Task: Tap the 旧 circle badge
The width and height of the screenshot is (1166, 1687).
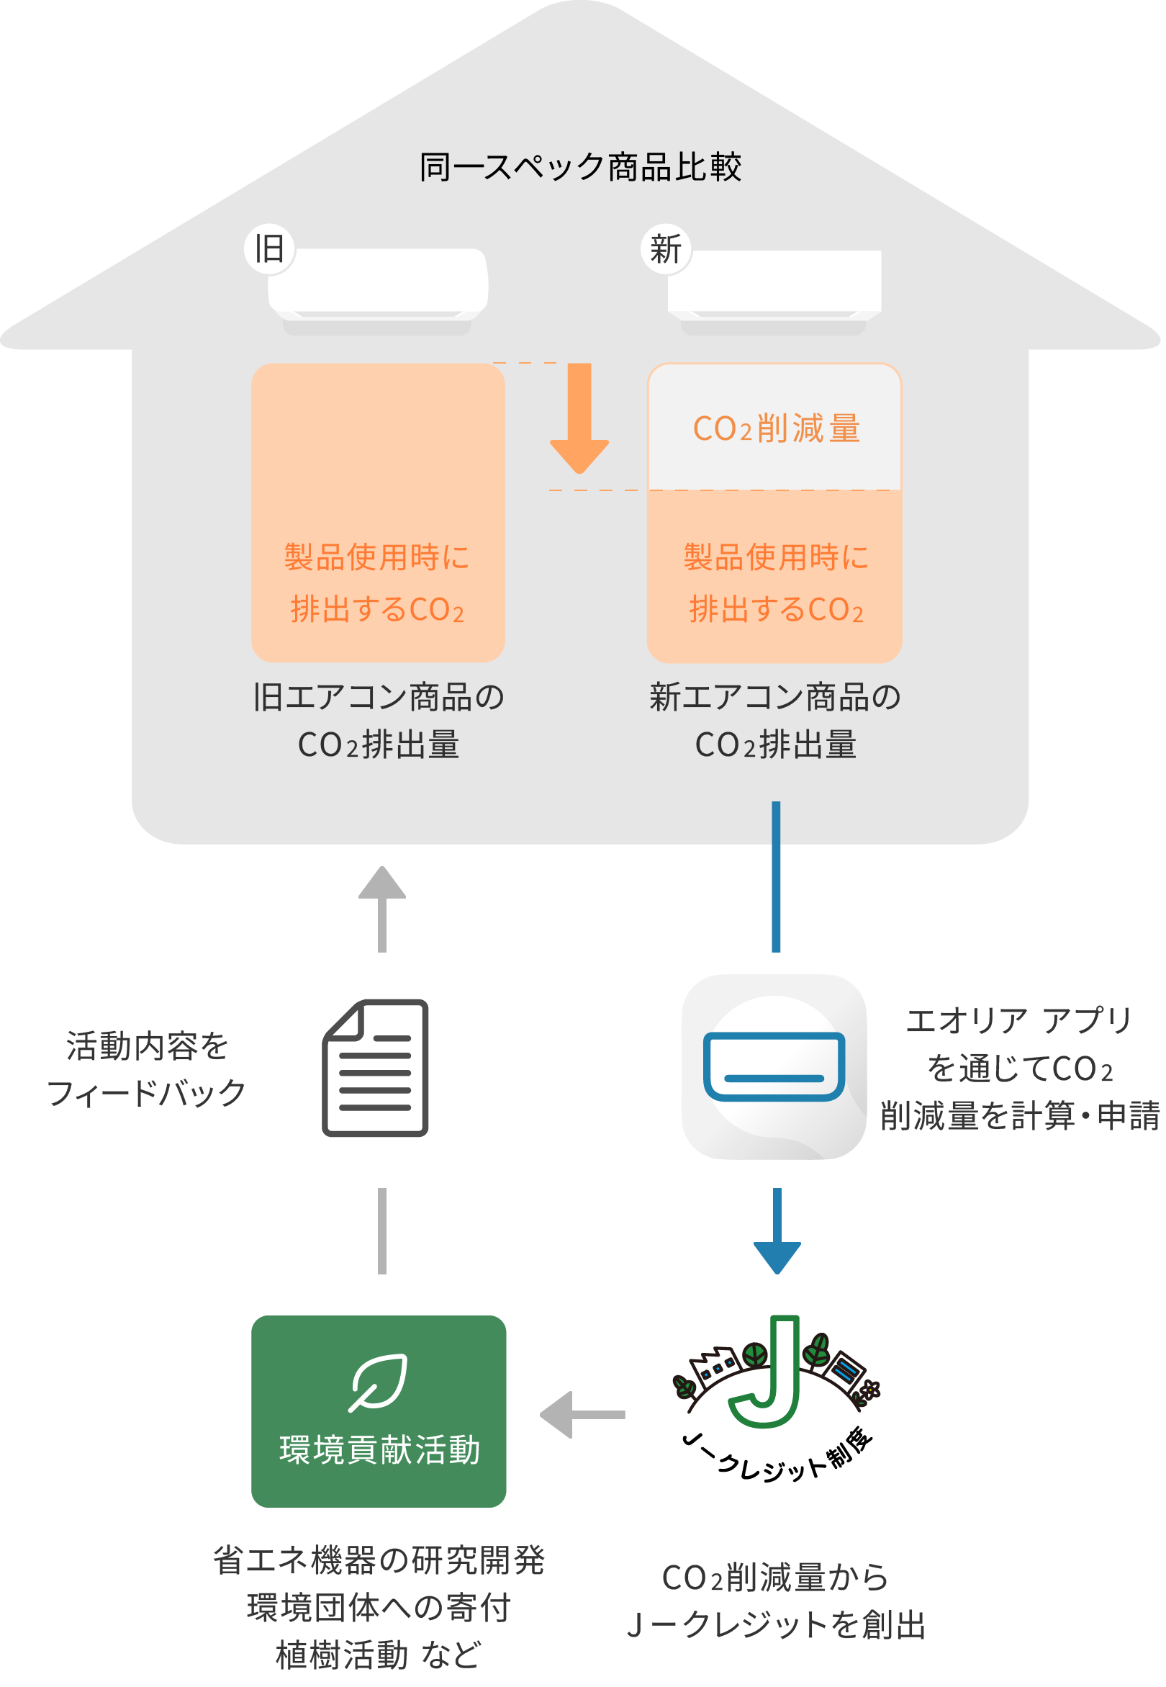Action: click(x=271, y=250)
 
